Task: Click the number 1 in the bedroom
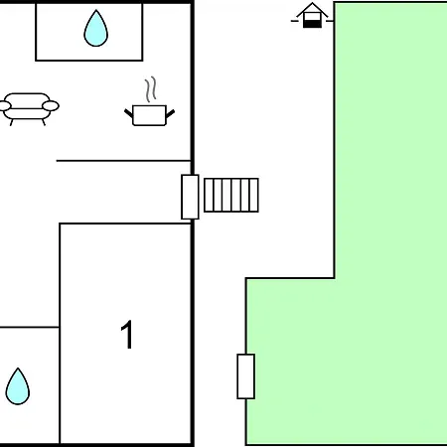tap(127, 334)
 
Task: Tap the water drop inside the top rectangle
tap(96, 29)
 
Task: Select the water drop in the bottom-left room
tap(18, 386)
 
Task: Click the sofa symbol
tap(29, 109)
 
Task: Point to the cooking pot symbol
tap(149, 115)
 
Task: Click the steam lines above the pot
tap(150, 89)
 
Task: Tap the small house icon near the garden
tap(312, 15)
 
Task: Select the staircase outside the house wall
tap(231, 195)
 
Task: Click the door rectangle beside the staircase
tap(190, 197)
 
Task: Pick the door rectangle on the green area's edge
tap(246, 376)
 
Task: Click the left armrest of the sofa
tap(5, 106)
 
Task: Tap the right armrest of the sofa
tap(51, 106)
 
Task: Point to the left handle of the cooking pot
tap(128, 113)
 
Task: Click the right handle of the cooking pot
tap(170, 113)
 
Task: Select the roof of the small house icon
tap(312, 9)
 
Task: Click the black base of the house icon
tap(312, 24)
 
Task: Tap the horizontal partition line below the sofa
tap(123, 161)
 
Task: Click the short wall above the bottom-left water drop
tap(30, 327)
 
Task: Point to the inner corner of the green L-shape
tap(334, 278)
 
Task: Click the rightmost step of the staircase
tap(254, 195)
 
